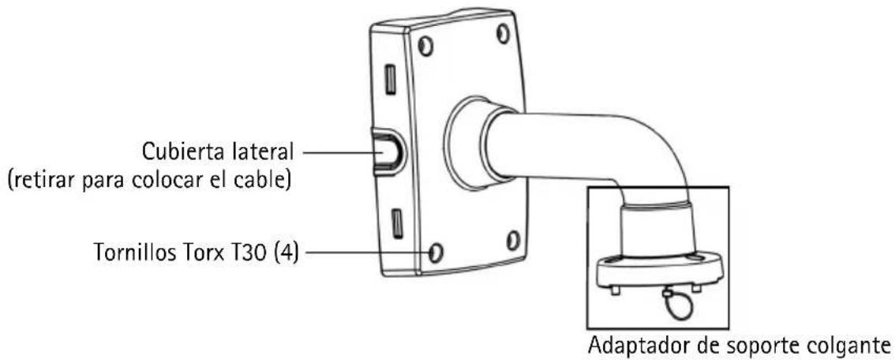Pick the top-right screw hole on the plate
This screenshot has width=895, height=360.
click(x=503, y=34)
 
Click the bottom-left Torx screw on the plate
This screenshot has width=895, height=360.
click(x=436, y=250)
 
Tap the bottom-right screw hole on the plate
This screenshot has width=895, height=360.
click(x=512, y=240)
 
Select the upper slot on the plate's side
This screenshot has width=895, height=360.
click(x=391, y=79)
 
